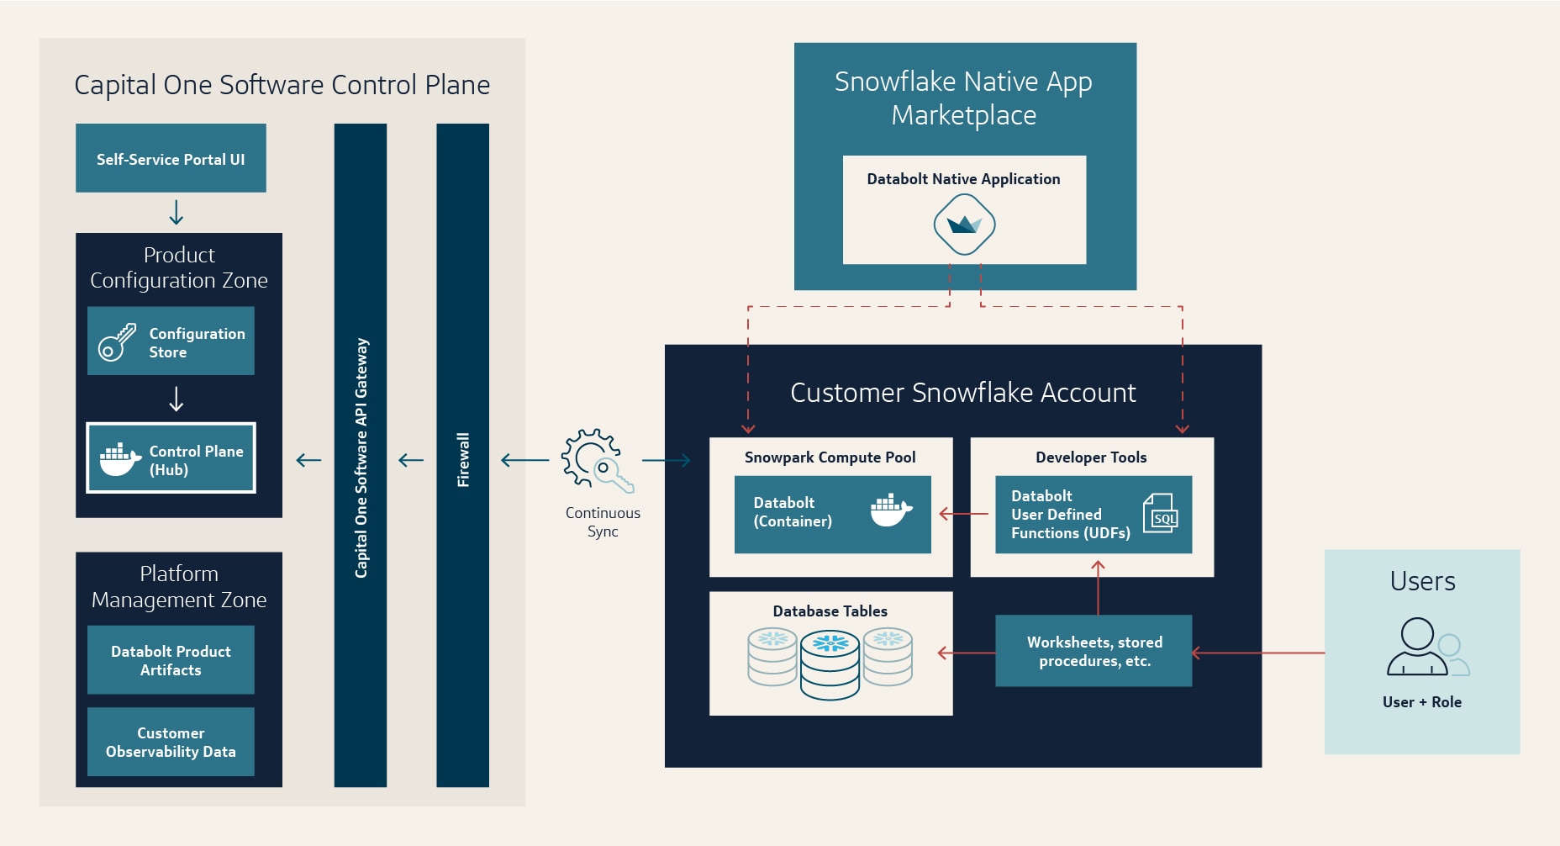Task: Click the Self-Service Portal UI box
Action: tap(171, 158)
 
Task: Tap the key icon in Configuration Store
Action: tap(117, 342)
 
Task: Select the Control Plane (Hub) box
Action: tap(171, 458)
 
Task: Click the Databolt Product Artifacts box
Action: tap(171, 660)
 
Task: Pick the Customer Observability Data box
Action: tap(171, 742)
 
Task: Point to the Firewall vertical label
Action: tap(463, 459)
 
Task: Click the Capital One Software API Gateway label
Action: tap(361, 457)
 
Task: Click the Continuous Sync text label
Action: tap(603, 521)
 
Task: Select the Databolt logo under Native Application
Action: tap(964, 225)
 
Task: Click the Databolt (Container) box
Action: tap(832, 514)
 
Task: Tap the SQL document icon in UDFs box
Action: tap(1161, 513)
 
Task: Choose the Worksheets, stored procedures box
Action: tap(1094, 651)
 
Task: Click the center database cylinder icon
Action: tap(830, 665)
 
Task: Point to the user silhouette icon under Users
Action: tap(1420, 647)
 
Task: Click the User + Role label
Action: tap(1421, 702)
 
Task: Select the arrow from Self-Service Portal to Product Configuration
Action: tap(176, 212)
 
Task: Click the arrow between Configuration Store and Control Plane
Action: tap(176, 398)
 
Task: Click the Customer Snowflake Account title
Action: tap(962, 393)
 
